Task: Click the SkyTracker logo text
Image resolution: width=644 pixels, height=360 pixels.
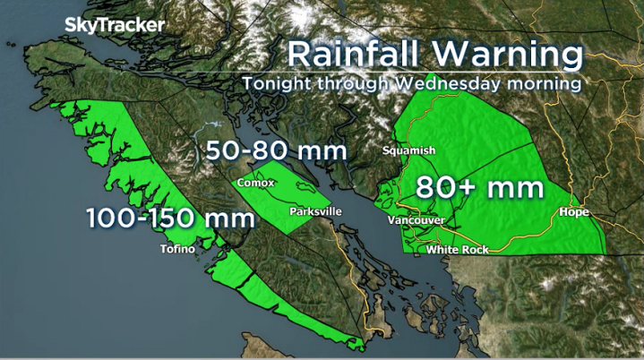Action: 115,25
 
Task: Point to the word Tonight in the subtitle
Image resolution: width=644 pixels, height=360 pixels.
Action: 274,82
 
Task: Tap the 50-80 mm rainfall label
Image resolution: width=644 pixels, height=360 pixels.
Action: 277,150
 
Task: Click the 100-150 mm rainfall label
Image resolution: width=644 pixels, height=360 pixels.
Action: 157,217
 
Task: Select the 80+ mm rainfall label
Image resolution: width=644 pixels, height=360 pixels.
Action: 480,188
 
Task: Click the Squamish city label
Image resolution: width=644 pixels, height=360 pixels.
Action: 408,150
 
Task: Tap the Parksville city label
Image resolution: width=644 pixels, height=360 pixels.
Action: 316,212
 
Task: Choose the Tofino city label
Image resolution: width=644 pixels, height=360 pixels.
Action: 176,249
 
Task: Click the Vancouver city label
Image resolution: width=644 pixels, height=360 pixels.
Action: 416,219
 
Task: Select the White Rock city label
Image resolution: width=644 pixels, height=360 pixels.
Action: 457,250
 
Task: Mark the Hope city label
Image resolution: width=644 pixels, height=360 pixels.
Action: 572,212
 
